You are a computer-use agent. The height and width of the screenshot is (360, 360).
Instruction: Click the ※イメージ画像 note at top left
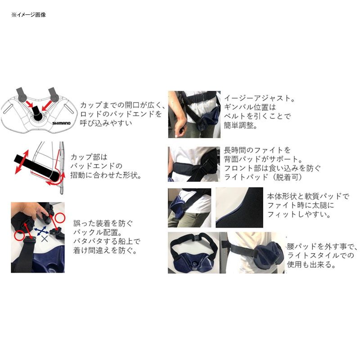[x=28, y=14]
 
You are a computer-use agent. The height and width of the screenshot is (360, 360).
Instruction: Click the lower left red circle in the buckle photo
[x=19, y=235]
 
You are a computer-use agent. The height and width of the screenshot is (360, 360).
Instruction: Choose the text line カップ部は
[x=90, y=157]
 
